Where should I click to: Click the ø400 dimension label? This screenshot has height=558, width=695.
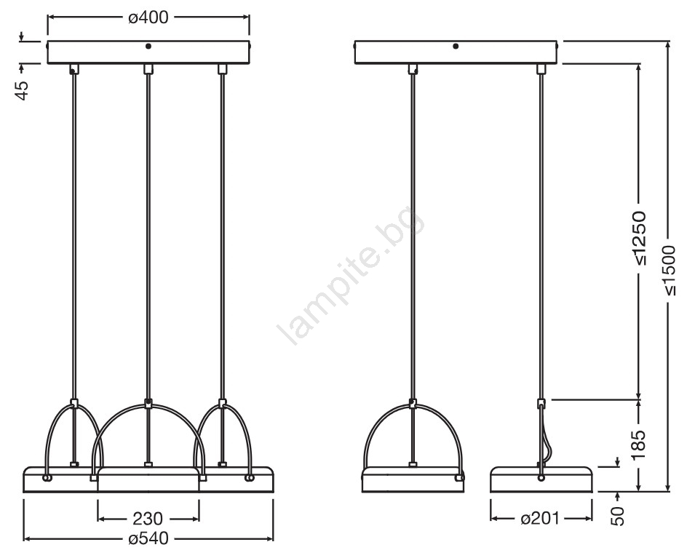tap(148, 17)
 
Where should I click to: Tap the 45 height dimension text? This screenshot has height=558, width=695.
tap(23, 90)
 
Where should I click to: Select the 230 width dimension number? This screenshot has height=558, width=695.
tap(148, 518)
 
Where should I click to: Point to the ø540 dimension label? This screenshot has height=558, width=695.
tap(148, 538)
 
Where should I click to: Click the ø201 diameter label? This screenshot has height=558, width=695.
tap(540, 518)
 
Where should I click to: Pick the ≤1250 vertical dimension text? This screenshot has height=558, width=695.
tap(640, 239)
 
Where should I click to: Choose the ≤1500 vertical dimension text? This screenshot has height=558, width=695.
tap(668, 269)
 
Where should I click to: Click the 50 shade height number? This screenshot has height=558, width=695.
tap(617, 516)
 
